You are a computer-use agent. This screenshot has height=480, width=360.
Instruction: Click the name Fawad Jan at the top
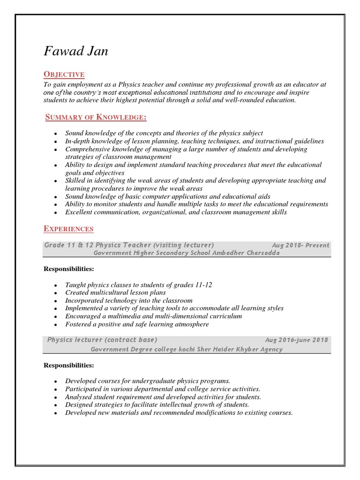76,51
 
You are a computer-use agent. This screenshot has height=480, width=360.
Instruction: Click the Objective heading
64,74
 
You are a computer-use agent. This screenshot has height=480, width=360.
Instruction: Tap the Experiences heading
68,229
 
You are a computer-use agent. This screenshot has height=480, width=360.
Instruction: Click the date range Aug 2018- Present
300,245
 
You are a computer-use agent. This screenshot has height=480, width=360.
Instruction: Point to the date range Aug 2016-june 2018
297,340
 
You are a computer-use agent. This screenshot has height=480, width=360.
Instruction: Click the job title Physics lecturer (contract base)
102,340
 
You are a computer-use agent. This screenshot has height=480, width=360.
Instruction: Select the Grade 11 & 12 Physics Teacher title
129,245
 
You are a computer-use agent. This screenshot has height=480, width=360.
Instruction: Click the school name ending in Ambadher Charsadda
187,253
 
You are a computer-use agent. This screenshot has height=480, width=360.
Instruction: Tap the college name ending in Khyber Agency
187,349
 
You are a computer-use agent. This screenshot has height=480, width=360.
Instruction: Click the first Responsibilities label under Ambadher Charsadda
69,269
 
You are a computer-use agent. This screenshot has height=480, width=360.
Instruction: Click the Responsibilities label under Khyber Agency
69,365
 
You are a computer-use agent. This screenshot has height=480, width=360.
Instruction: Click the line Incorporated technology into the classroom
129,300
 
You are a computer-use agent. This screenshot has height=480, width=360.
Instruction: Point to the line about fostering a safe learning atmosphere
137,324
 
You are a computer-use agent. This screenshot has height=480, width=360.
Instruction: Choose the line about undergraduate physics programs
148,381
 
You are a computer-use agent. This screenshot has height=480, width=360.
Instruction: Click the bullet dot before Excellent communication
55,213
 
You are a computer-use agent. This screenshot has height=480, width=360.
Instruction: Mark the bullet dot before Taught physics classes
55,285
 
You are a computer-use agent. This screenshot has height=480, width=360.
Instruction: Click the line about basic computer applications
167,196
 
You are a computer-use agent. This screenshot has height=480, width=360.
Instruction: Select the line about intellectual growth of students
157,405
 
